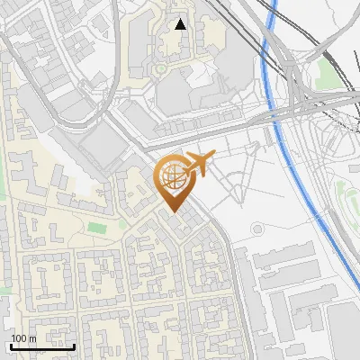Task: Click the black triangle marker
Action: pyautogui.click(x=181, y=24)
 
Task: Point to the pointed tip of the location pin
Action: pyautogui.click(x=172, y=211)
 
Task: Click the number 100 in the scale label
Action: pyautogui.click(x=19, y=338)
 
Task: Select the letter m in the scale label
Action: pyautogui.click(x=31, y=339)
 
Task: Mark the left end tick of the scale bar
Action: pyautogui.click(x=11, y=345)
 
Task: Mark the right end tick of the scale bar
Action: pyautogui.click(x=74, y=345)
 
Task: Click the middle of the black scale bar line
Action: pyautogui.click(x=42, y=346)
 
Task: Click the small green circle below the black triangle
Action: pyautogui.click(x=160, y=68)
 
